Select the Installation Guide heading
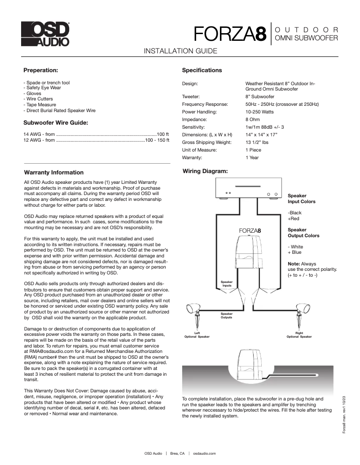point(180,51)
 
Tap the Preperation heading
point(40,70)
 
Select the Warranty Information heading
point(53,172)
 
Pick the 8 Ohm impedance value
point(253,120)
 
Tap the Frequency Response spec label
point(205,104)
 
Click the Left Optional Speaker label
point(197,335)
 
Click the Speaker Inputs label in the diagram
point(227,283)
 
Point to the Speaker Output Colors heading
point(303,232)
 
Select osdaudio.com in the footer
point(205,453)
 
